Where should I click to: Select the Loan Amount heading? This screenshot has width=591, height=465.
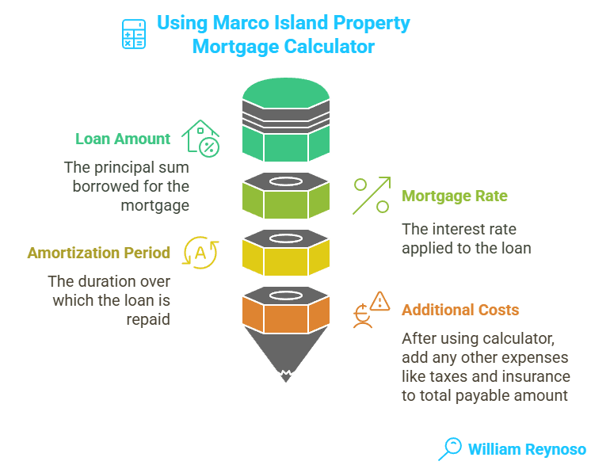123,139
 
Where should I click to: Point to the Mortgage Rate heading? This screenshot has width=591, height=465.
455,196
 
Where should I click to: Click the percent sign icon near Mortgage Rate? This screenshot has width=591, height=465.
372,196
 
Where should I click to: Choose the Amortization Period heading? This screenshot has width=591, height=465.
99,253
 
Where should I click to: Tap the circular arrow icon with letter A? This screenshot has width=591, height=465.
200,253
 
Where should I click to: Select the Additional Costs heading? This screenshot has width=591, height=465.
459,310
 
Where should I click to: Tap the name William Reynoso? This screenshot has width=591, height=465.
526,449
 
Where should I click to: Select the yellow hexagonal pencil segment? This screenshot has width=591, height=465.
285,253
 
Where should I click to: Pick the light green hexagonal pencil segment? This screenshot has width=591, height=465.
285,196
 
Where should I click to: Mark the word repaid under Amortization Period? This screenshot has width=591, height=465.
148,319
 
